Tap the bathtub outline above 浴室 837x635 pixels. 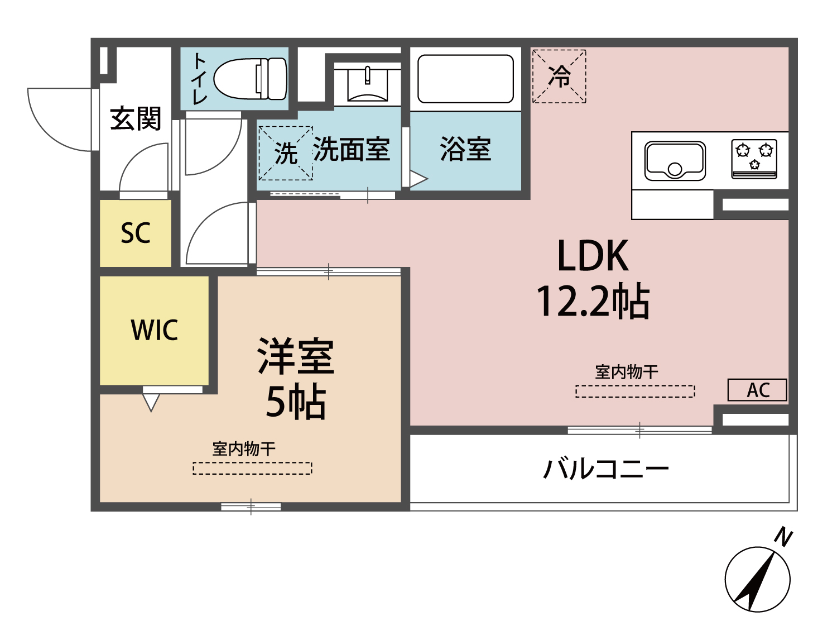(465, 79)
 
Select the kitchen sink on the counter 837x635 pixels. (675, 160)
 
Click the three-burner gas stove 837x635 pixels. (754, 159)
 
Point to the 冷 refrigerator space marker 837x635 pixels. (559, 77)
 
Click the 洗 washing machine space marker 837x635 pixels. (285, 153)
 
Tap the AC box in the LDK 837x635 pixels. (757, 390)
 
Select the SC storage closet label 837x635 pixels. (136, 233)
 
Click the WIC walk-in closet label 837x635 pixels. (155, 330)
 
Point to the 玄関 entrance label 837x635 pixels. (136, 118)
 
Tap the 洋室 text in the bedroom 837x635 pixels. (295, 356)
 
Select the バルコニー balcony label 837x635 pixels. (606, 468)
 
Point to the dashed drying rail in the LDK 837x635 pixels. (635, 391)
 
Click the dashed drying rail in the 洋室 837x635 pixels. (252, 468)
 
